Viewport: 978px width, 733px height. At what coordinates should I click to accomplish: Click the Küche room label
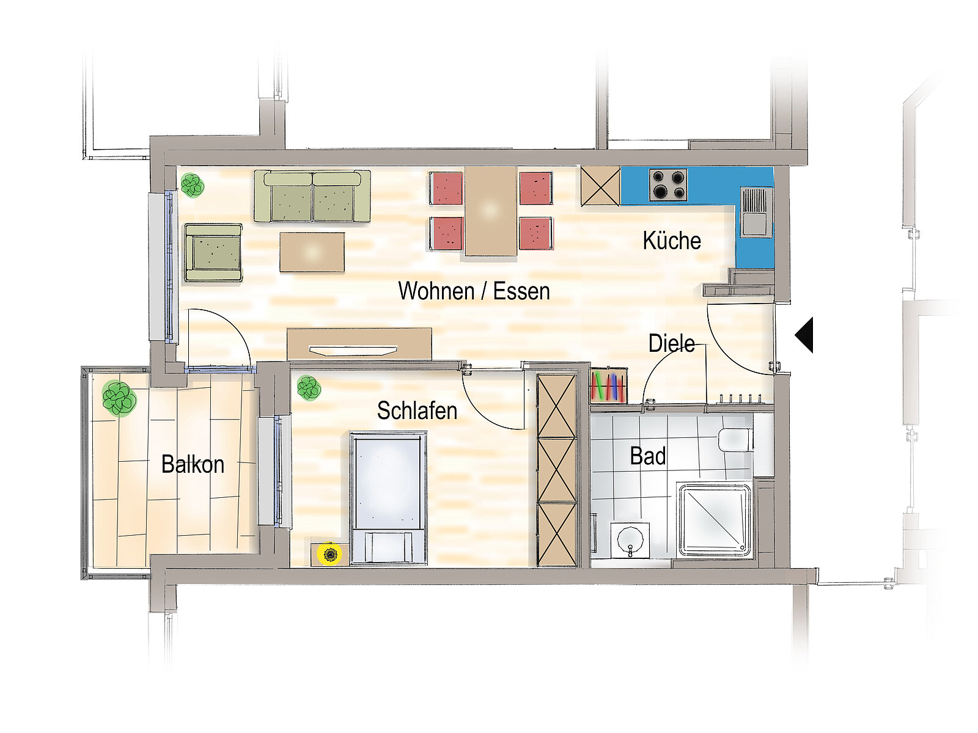671,241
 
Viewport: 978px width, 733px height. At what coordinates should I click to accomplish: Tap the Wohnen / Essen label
474,291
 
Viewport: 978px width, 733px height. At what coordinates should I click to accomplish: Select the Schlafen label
417,410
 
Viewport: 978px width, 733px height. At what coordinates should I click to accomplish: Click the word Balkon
193,464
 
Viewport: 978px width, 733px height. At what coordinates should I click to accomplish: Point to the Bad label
648,456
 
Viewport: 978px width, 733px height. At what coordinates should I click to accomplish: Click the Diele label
671,343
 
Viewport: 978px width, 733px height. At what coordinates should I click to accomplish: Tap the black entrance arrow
804,335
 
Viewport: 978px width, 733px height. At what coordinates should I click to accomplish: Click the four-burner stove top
668,184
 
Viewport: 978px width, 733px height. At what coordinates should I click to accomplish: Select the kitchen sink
756,213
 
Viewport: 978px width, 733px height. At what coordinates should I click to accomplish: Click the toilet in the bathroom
735,439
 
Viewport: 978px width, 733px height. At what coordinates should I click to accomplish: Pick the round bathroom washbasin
630,540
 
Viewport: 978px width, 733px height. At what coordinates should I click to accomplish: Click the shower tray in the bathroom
713,520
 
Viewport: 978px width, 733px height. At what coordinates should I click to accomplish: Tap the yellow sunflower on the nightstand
329,554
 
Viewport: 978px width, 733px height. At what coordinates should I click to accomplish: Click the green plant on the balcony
119,398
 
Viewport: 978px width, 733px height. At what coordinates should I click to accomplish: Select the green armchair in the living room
213,252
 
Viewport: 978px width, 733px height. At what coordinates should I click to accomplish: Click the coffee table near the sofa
312,252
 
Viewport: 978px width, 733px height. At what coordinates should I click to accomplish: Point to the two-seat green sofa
312,196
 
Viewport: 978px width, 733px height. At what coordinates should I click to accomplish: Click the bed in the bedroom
389,498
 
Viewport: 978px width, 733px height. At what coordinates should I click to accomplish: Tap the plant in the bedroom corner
309,388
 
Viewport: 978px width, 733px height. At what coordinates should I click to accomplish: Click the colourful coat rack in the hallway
609,386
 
